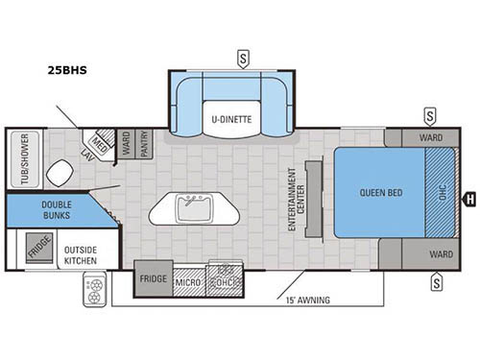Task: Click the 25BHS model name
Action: (65, 68)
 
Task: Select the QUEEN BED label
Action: (380, 191)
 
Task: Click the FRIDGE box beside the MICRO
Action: (152, 278)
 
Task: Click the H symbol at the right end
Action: (469, 200)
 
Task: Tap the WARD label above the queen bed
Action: (429, 137)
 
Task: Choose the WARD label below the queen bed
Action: (441, 254)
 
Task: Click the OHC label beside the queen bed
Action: (443, 192)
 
